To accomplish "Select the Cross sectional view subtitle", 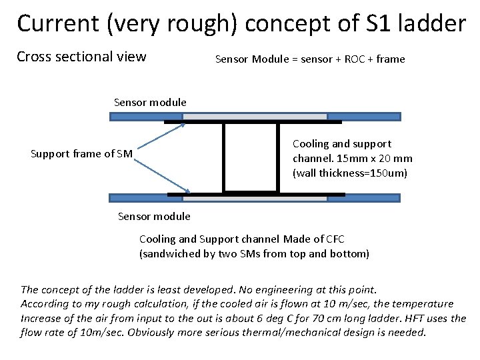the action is (81, 57).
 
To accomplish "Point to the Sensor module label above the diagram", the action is (150, 103).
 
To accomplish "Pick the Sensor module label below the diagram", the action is (153, 216).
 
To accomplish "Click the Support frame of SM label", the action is (82, 155).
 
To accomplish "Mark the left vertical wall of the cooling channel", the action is (224, 157).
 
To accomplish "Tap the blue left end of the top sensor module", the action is (137, 116).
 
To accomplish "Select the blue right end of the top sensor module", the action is (364, 116).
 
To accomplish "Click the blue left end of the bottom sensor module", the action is (138, 198).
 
